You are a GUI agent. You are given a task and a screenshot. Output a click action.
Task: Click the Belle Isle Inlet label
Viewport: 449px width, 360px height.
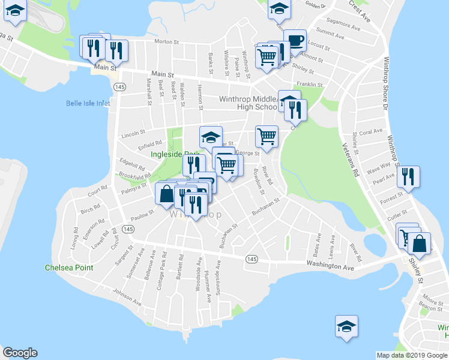tap(88, 103)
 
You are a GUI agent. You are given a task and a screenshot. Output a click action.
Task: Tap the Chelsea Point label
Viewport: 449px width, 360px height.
tap(68, 268)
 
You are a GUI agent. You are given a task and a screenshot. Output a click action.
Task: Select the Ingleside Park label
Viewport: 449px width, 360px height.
tap(175, 154)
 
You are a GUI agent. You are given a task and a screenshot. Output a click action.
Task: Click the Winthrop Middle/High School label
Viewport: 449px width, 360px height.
tap(248, 103)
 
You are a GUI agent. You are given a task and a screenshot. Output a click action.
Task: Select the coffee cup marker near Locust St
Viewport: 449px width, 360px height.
tap(294, 41)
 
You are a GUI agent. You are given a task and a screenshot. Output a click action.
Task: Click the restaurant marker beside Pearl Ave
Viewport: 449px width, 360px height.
tap(408, 176)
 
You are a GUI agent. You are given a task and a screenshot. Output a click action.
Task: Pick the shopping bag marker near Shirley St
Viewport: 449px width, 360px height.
tap(420, 244)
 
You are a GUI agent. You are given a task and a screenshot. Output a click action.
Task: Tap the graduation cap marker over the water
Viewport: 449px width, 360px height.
tap(346, 326)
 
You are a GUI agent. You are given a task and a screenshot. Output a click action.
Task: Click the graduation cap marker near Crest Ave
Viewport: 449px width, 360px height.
tap(279, 8)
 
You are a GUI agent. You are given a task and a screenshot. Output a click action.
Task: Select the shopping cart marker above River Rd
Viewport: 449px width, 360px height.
tap(267, 136)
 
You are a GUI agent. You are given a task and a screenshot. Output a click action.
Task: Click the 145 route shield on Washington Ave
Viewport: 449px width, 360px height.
tap(251, 258)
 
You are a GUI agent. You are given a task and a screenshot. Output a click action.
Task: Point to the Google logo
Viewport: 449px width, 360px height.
tap(20, 353)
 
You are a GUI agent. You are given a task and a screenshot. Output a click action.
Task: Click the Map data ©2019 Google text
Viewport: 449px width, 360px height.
tap(412, 355)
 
